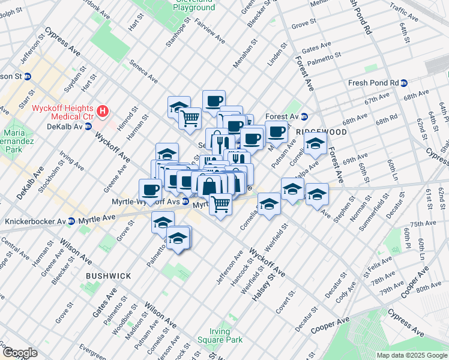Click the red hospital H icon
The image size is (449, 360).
click(103, 111)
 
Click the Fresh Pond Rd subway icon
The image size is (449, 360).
click(404, 83)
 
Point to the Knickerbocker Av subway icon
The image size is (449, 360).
click(71, 221)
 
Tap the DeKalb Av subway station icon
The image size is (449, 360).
click(88, 127)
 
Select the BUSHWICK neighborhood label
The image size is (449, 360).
click(108, 275)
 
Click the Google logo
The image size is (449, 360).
click(19, 353)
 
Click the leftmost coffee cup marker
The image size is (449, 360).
click(150, 190)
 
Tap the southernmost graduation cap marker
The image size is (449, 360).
click(178, 238)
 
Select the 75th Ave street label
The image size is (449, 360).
click(424, 223)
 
